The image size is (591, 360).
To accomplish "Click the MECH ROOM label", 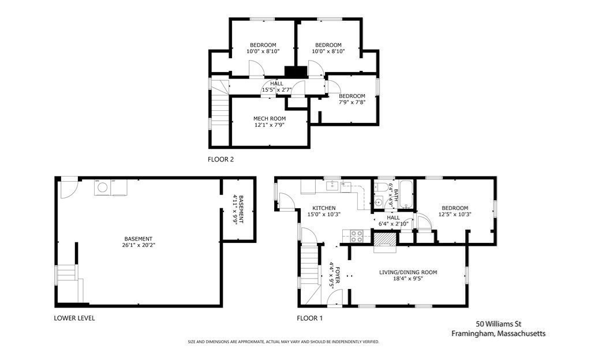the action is (270, 119).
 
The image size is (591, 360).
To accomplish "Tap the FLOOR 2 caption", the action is (221, 159).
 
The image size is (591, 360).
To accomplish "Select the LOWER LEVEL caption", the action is (74, 318).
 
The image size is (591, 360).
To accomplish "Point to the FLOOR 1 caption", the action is (310, 318).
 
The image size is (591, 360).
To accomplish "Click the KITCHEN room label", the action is (324, 208).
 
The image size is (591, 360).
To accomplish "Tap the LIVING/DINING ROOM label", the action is (408, 272).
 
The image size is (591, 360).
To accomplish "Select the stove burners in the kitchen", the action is (357, 236).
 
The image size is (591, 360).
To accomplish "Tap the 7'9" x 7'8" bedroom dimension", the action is (352, 102).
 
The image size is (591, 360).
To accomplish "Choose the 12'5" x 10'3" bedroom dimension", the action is (455, 214).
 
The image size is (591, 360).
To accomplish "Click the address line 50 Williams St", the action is (498, 324).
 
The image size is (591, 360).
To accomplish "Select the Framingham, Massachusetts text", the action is (498, 333).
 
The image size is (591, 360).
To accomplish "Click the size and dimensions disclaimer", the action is (283, 342).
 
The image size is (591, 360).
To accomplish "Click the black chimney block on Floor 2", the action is (296, 72).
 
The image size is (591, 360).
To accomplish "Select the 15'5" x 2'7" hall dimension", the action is (277, 90).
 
